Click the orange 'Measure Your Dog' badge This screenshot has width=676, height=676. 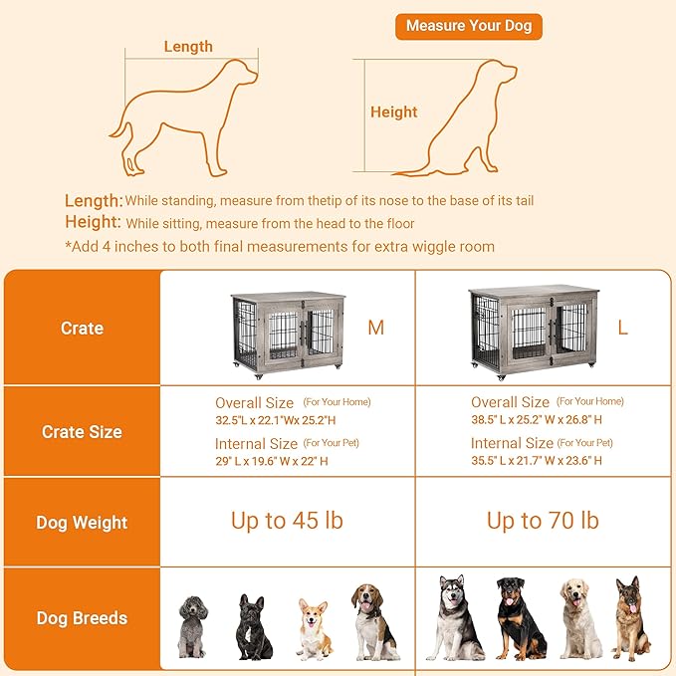tap(468, 26)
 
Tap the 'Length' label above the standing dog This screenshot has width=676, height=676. tap(188, 46)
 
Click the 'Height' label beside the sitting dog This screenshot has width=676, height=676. tap(394, 112)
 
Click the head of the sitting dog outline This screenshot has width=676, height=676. tap(495, 75)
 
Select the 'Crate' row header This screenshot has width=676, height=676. tap(82, 328)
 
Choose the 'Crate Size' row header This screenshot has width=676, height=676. tap(82, 432)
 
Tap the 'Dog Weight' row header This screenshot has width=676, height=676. tap(82, 522)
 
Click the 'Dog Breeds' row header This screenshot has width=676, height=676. tap(82, 618)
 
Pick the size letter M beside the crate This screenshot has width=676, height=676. tap(375, 329)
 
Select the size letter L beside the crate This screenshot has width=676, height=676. tap(622, 329)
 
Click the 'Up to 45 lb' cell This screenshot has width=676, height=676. tap(287, 521)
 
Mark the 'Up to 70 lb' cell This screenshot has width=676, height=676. tap(543, 521)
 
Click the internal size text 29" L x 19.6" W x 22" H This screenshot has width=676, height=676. tap(271, 461)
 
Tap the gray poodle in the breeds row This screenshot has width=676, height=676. tap(192, 625)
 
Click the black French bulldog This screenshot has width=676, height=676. tap(253, 626)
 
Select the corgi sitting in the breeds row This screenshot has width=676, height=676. tap(313, 629)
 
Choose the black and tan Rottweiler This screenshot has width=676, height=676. tap(519, 617)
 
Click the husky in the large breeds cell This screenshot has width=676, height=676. tap(455, 617)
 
